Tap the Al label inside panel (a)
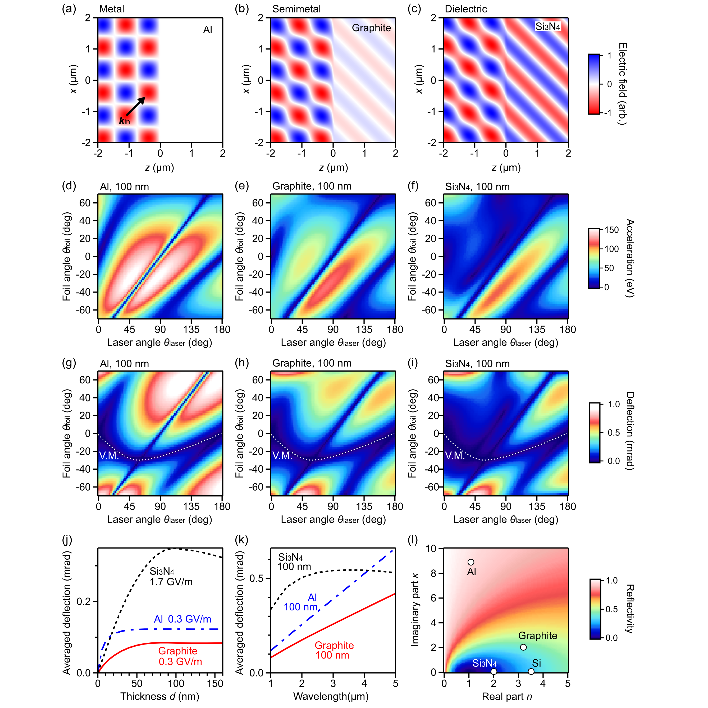click(207, 30)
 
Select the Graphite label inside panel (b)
click(371, 28)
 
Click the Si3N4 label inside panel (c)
click(547, 26)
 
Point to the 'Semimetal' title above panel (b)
click(296, 9)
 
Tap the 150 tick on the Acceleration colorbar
click(611, 230)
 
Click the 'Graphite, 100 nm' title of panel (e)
click(312, 186)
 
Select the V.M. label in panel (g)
click(109, 455)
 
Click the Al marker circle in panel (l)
click(471, 562)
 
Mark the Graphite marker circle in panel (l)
click(523, 647)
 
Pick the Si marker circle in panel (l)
click(531, 671)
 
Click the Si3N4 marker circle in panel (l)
click(494, 671)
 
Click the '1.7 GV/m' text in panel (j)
click(171, 582)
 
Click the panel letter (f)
click(413, 186)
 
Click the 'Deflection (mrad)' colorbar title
click(629, 431)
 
